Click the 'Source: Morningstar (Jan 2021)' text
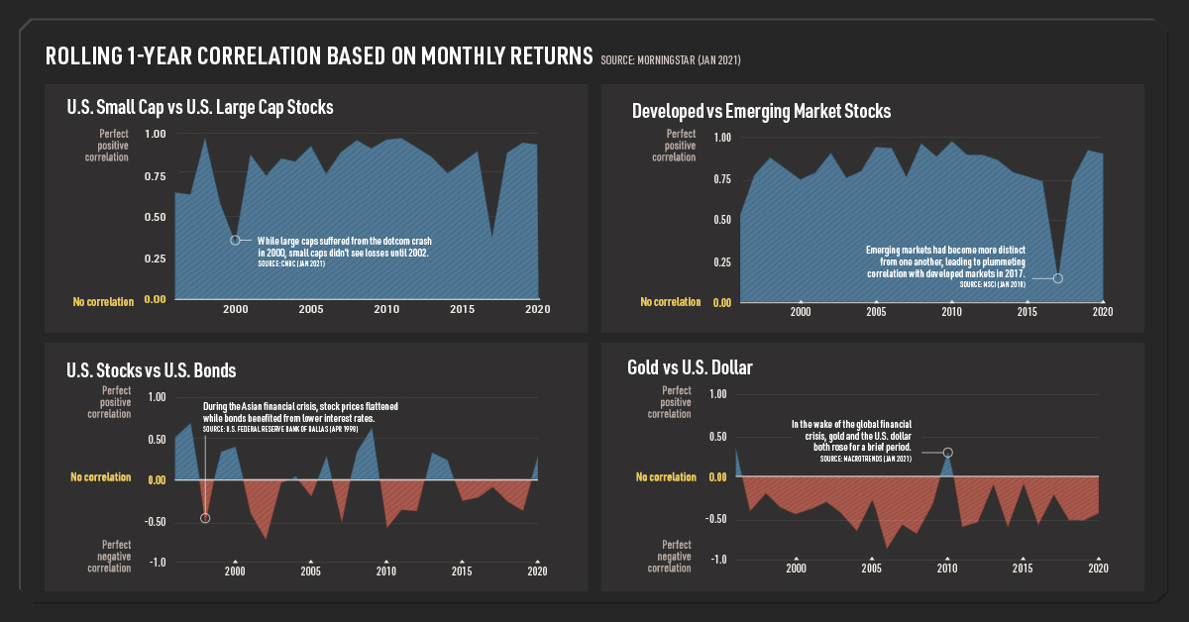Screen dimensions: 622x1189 point(671,61)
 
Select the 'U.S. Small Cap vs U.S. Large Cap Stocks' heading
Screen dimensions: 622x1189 point(199,106)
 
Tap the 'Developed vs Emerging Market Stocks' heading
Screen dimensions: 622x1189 point(761,111)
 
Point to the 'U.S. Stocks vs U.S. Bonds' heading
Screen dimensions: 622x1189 point(151,370)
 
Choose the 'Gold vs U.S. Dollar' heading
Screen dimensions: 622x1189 point(690,367)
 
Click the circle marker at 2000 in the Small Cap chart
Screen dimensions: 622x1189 point(235,240)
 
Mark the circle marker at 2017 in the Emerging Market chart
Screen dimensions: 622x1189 point(1057,278)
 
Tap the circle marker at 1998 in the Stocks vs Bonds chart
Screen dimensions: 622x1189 point(205,518)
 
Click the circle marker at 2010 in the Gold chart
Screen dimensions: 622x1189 point(948,453)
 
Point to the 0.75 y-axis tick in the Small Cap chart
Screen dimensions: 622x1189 point(156,176)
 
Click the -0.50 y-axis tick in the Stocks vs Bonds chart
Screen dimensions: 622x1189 point(154,521)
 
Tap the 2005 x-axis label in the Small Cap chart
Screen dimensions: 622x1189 point(310,309)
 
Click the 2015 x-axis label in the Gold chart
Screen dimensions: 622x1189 point(1022,569)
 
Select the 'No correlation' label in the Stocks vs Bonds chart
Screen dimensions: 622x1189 point(100,477)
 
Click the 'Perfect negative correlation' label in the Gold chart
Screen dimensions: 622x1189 point(677,557)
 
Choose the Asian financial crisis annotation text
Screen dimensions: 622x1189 point(299,413)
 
